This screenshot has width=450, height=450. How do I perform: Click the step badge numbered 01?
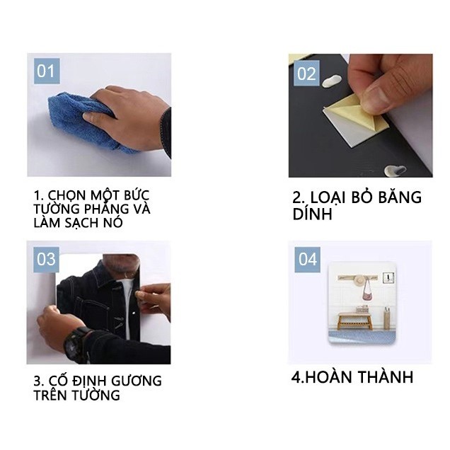[47, 71]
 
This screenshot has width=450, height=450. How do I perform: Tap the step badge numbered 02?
[306, 73]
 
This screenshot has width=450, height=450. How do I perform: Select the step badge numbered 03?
[46, 260]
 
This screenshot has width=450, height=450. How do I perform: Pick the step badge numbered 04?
[307, 260]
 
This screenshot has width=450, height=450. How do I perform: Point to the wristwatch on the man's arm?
[76, 345]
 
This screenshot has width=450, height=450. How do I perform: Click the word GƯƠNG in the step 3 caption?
[137, 381]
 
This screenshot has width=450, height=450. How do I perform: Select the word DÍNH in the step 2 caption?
[312, 214]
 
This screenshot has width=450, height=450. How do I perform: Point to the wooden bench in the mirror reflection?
[354, 321]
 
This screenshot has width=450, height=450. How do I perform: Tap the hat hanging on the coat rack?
[359, 280]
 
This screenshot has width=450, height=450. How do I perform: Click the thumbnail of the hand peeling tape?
[360, 115]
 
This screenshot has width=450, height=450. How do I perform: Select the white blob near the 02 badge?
[332, 81]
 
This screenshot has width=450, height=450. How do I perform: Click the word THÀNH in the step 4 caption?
[386, 377]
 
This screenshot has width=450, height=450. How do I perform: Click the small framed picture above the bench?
[388, 277]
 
